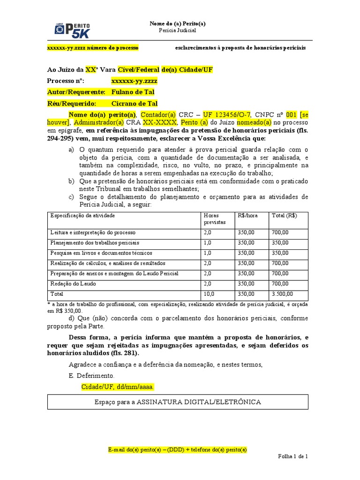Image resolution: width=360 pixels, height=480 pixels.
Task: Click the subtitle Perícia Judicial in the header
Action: point(177,30)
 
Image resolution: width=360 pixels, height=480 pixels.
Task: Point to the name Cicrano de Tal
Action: point(135,104)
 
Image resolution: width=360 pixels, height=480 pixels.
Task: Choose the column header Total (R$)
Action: point(284,216)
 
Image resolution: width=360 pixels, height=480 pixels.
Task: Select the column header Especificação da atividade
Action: point(82,216)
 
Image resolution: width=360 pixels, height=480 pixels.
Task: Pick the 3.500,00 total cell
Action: point(282,294)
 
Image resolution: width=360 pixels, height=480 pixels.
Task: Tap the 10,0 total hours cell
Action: point(209,294)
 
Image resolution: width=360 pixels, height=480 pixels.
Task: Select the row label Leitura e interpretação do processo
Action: point(93,232)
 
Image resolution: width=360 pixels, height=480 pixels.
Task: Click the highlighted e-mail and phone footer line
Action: point(177,450)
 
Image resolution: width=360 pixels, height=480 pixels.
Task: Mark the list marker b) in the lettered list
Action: point(71,181)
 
